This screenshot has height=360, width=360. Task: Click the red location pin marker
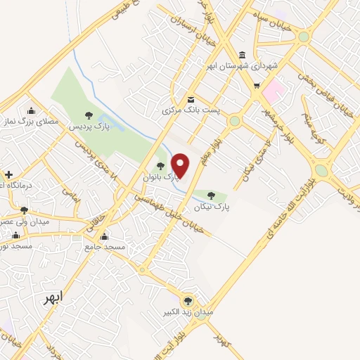point(181,165)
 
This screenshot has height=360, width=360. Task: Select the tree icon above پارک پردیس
point(88,115)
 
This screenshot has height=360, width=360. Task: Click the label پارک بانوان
point(161,178)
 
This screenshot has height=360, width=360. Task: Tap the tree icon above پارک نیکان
point(212,195)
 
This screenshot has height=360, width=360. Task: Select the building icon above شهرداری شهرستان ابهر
point(242,54)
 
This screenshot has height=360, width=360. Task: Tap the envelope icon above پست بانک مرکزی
point(191,99)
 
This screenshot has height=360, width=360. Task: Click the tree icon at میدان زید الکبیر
point(188,299)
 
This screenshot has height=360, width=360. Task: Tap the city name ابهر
point(53,297)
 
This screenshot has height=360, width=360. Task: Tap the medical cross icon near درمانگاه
point(8,174)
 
